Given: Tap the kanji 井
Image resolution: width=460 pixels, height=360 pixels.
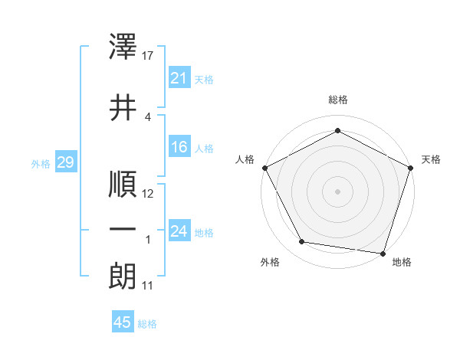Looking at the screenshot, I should pyautogui.click(x=123, y=108).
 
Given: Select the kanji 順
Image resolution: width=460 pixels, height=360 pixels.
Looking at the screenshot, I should pyautogui.click(x=123, y=185).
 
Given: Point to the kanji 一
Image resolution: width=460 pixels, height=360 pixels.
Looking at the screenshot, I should pyautogui.click(x=123, y=230).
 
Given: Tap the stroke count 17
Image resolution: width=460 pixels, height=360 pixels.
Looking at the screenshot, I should pyautogui.click(x=149, y=56).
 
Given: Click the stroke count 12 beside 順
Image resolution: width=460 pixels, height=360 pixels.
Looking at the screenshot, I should pyautogui.click(x=149, y=194).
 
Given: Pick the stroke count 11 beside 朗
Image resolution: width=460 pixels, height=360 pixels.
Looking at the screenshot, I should pyautogui.click(x=148, y=286).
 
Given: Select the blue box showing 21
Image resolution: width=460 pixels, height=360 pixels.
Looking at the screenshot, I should pyautogui.click(x=179, y=78).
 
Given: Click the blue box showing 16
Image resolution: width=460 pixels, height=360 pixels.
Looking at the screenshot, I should pyautogui.click(x=179, y=147).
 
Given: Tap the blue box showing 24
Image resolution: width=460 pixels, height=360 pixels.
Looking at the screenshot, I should pyautogui.click(x=179, y=231).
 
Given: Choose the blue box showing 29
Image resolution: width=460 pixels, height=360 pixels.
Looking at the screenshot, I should pyautogui.click(x=65, y=163).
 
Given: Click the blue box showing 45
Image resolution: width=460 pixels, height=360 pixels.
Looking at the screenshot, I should pyautogui.click(x=123, y=322).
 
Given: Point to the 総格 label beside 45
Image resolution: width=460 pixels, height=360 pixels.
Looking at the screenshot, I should pyautogui.click(x=147, y=324).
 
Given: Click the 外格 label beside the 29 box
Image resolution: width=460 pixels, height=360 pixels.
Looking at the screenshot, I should pyautogui.click(x=41, y=164).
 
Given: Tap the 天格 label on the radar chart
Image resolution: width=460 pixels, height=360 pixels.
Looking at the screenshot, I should pyautogui.click(x=431, y=159).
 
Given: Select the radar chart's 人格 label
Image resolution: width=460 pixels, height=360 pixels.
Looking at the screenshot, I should pyautogui.click(x=245, y=159).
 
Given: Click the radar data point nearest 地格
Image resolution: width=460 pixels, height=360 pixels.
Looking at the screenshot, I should pyautogui.click(x=383, y=253).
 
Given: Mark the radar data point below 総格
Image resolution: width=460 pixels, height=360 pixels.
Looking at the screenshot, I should pyautogui.click(x=337, y=131).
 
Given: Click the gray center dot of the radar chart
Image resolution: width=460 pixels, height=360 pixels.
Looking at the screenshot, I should pyautogui.click(x=337, y=191).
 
